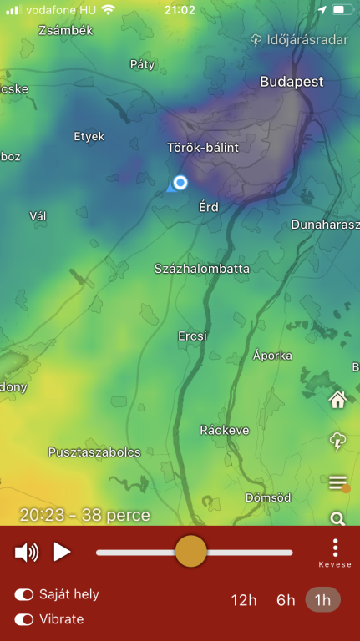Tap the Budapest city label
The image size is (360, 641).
click(292, 82)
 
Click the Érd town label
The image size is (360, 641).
click(209, 206)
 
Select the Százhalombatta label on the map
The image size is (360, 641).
click(202, 269)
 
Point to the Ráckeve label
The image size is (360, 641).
click(225, 430)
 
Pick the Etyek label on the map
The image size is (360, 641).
click(89, 135)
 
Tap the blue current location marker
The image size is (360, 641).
click(180, 183)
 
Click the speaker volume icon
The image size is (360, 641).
click(27, 552)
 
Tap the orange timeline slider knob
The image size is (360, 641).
click(191, 552)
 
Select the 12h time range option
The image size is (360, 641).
click(244, 599)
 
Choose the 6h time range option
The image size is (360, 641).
click(286, 599)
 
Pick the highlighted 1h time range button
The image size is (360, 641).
click(322, 599)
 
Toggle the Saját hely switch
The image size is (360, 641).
click(24, 594)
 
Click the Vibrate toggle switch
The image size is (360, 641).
click(24, 619)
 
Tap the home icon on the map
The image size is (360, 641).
click(337, 400)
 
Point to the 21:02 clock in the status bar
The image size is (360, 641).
click(180, 10)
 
